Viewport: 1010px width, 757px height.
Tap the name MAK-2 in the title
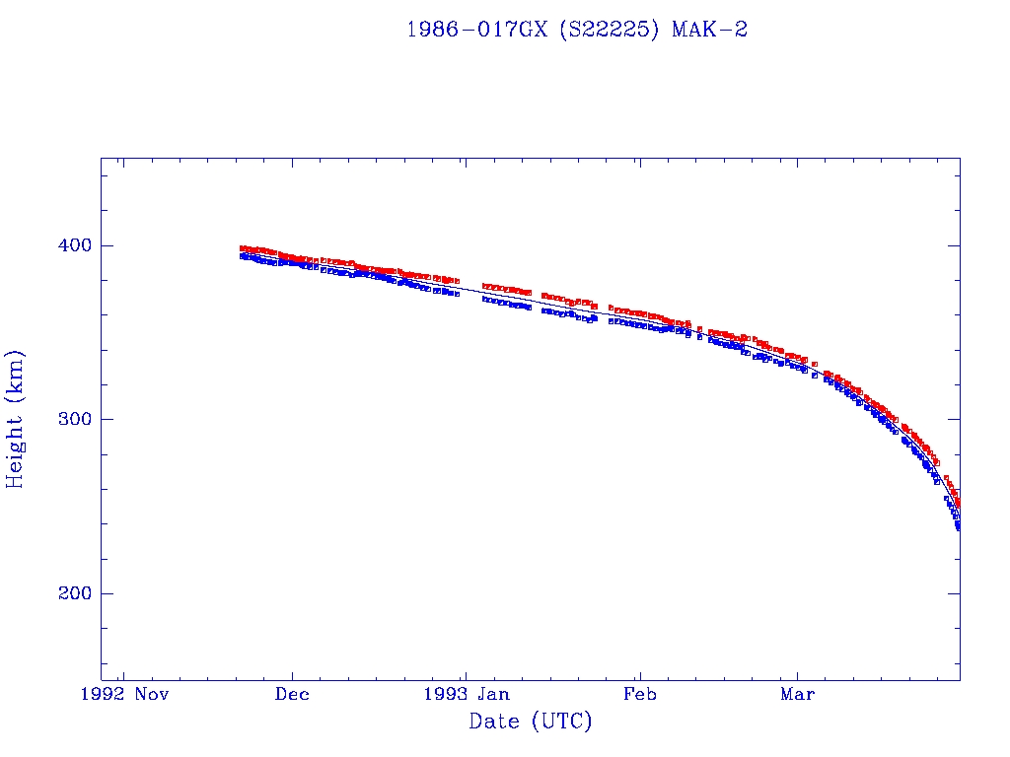click(709, 30)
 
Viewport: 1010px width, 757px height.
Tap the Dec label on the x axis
click(292, 694)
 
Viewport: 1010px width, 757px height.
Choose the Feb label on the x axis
click(640, 694)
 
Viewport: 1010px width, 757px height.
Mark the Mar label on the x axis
click(797, 694)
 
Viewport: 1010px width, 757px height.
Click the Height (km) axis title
click(16, 419)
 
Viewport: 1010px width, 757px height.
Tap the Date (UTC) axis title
click(531, 722)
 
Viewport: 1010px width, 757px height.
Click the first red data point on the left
click(243, 248)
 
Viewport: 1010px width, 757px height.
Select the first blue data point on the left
click(243, 255)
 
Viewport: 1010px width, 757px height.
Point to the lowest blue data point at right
click(958, 527)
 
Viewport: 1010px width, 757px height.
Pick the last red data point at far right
click(958, 504)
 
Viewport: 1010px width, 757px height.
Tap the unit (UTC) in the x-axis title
click(562, 722)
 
